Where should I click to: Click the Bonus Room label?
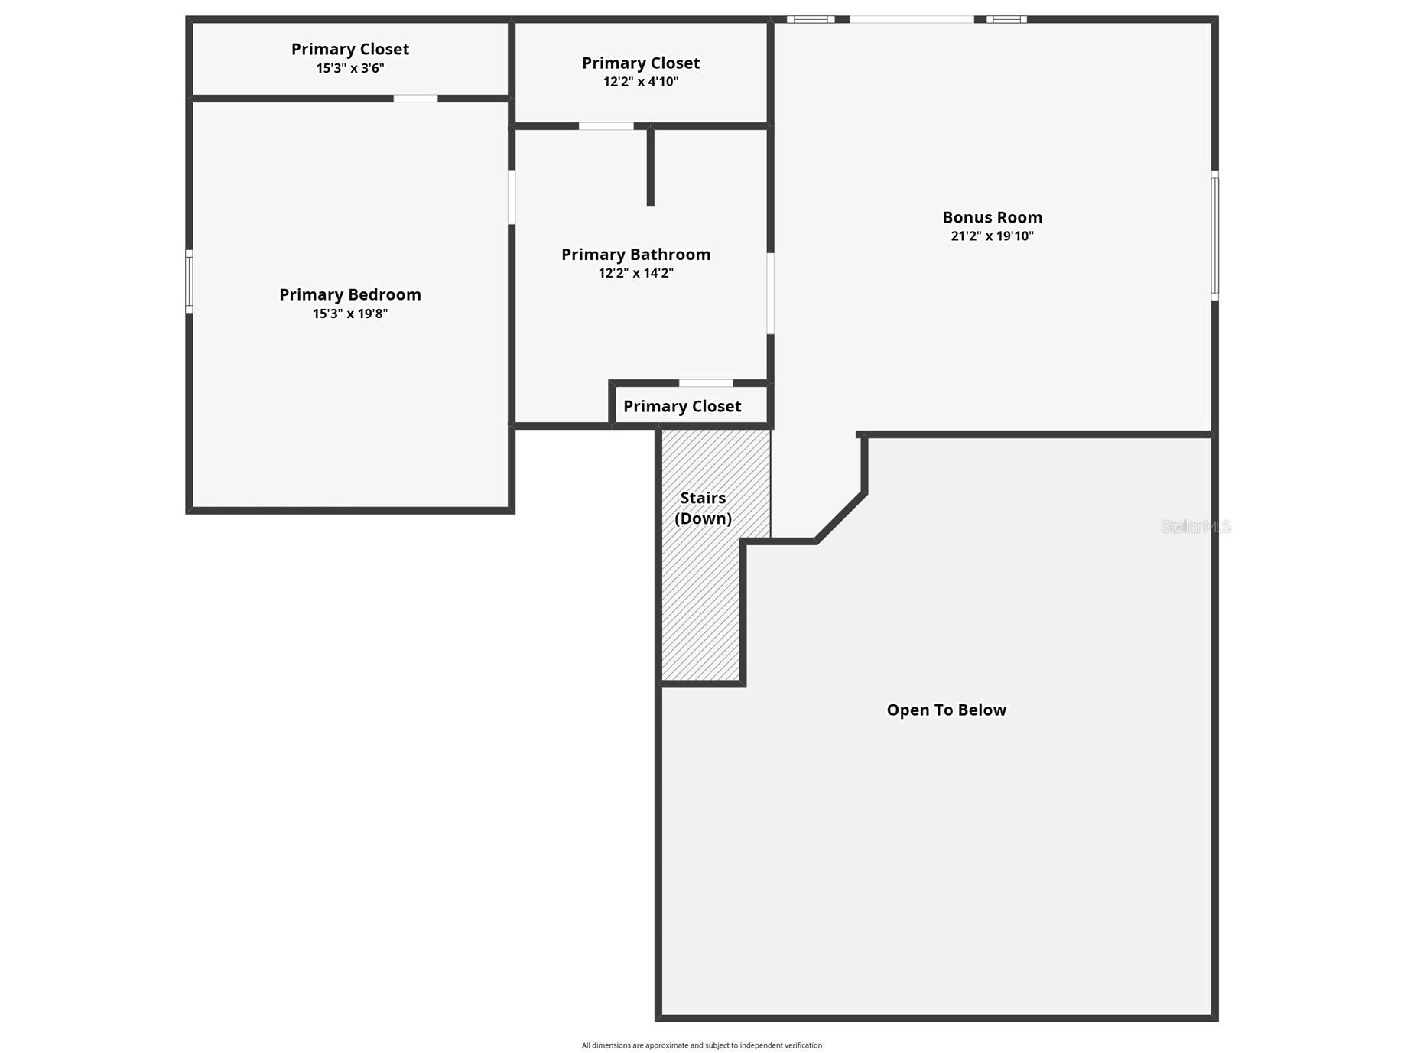tap(992, 218)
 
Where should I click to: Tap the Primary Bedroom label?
tap(349, 295)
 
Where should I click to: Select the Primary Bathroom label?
tap(635, 255)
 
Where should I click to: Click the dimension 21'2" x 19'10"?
tap(992, 236)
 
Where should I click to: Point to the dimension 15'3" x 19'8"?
tap(349, 314)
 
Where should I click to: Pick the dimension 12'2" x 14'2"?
tap(635, 273)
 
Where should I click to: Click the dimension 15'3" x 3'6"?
tap(349, 68)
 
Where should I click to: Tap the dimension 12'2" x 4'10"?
tap(640, 82)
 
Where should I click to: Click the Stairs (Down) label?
tap(703, 508)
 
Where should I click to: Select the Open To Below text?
tap(946, 710)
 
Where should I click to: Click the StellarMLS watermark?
tap(1195, 526)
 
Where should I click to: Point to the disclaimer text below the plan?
tap(701, 1045)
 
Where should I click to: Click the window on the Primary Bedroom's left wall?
tap(189, 281)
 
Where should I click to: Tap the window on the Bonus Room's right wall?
tap(1214, 236)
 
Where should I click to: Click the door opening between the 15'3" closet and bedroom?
tap(415, 99)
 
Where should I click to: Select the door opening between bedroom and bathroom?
tap(512, 197)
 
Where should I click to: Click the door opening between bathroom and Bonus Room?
tap(770, 294)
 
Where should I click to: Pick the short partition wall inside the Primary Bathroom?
tap(650, 167)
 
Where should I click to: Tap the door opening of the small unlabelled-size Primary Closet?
tap(705, 383)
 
